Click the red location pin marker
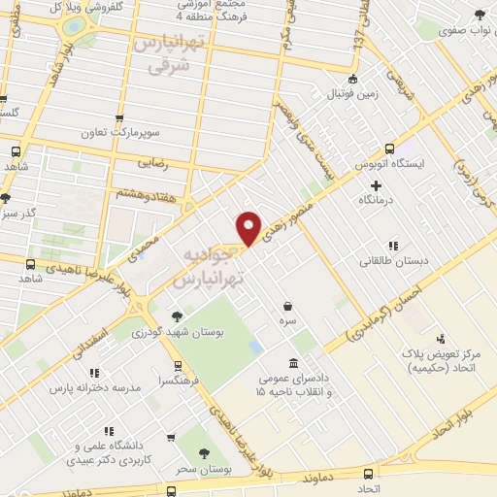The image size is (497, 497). pyautogui.click(x=249, y=226)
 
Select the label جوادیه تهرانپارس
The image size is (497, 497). pyautogui.click(x=208, y=265)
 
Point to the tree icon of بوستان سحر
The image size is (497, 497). pyautogui.click(x=205, y=452)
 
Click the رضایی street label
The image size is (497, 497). pyautogui.click(x=154, y=165)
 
